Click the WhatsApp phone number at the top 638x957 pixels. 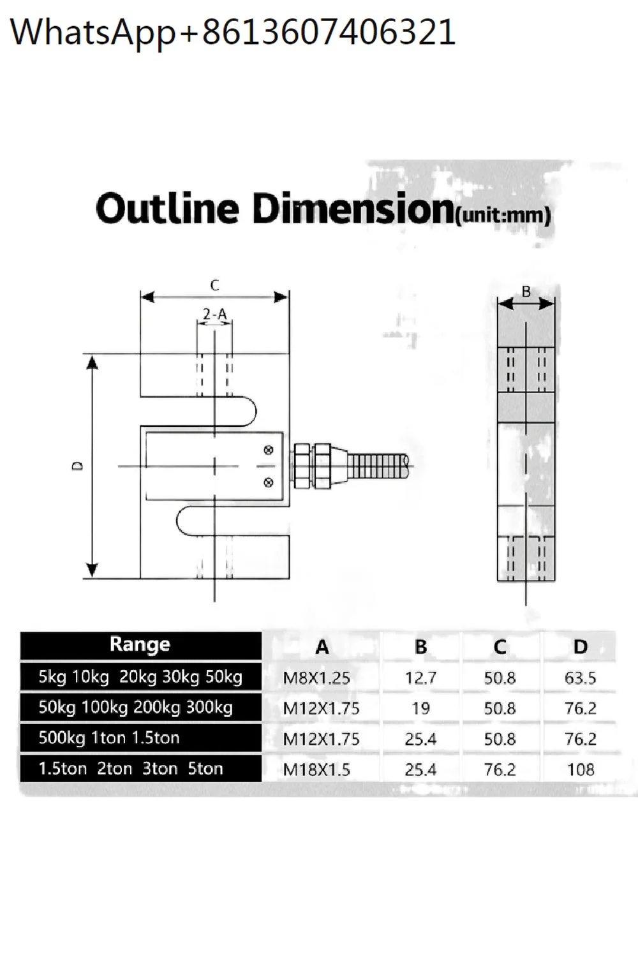click(x=233, y=32)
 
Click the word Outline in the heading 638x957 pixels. click(x=167, y=209)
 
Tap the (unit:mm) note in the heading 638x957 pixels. click(x=503, y=214)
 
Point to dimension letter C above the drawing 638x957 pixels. click(x=214, y=285)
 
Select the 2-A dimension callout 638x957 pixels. click(x=214, y=314)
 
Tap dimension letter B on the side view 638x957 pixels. click(x=526, y=292)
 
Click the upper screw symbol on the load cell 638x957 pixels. click(x=269, y=450)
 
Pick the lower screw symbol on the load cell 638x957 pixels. click(x=269, y=482)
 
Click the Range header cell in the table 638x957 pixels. click(x=140, y=645)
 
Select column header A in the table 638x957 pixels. click(x=322, y=647)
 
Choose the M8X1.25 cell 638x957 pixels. click(x=316, y=678)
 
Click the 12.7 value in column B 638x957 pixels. click(x=420, y=678)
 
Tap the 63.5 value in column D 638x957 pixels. click(x=580, y=678)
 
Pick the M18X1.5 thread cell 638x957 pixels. click(x=316, y=769)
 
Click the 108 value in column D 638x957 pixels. click(x=580, y=769)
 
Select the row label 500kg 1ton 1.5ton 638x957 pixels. click(x=109, y=738)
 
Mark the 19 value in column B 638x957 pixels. click(x=420, y=708)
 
